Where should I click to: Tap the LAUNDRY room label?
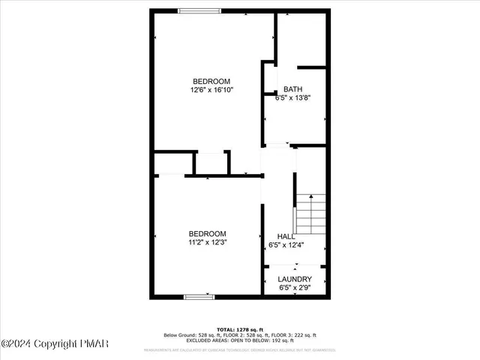[x=295, y=279]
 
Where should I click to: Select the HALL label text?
[x=286, y=236]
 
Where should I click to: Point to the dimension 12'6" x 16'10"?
[x=212, y=90]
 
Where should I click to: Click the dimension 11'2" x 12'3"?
[x=208, y=242]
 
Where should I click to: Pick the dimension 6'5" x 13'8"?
[x=292, y=97]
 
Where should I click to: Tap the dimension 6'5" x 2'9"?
[x=295, y=287]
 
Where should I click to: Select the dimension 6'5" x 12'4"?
[x=286, y=244]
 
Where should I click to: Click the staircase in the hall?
[x=310, y=213]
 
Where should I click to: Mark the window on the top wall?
[x=199, y=10]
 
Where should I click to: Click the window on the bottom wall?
[x=199, y=297]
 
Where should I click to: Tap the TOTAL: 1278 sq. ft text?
[x=240, y=329]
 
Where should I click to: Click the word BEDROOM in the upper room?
[x=211, y=81]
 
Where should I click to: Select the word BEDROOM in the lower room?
[x=208, y=233]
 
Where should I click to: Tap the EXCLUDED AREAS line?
[x=240, y=340]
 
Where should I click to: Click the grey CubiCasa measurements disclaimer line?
[x=240, y=349]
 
